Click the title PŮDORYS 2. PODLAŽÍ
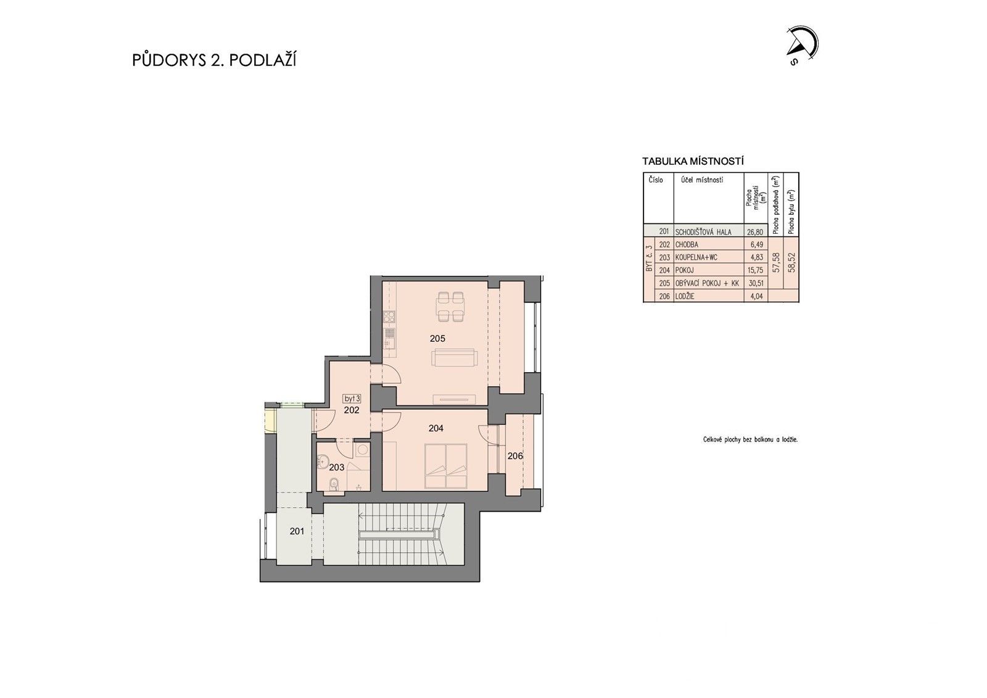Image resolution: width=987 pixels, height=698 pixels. [214, 60]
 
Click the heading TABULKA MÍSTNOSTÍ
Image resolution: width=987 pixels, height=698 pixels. [692, 162]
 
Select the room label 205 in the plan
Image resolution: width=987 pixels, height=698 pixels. [437, 338]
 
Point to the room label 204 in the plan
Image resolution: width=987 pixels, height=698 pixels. [436, 428]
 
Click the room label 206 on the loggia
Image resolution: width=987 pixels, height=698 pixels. [515, 456]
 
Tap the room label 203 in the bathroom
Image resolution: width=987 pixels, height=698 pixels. [336, 467]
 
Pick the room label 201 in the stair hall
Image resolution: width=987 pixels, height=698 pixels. [297, 531]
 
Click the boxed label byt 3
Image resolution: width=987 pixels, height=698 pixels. [352, 399]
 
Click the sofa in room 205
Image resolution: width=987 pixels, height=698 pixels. [454, 358]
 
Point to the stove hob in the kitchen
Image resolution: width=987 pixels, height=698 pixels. [389, 318]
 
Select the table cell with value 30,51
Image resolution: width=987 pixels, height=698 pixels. [754, 283]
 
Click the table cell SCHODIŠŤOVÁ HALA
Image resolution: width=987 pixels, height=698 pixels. [703, 232]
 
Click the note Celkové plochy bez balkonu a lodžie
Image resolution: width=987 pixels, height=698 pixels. [750, 440]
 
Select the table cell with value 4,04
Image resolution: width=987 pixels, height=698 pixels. [756, 296]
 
